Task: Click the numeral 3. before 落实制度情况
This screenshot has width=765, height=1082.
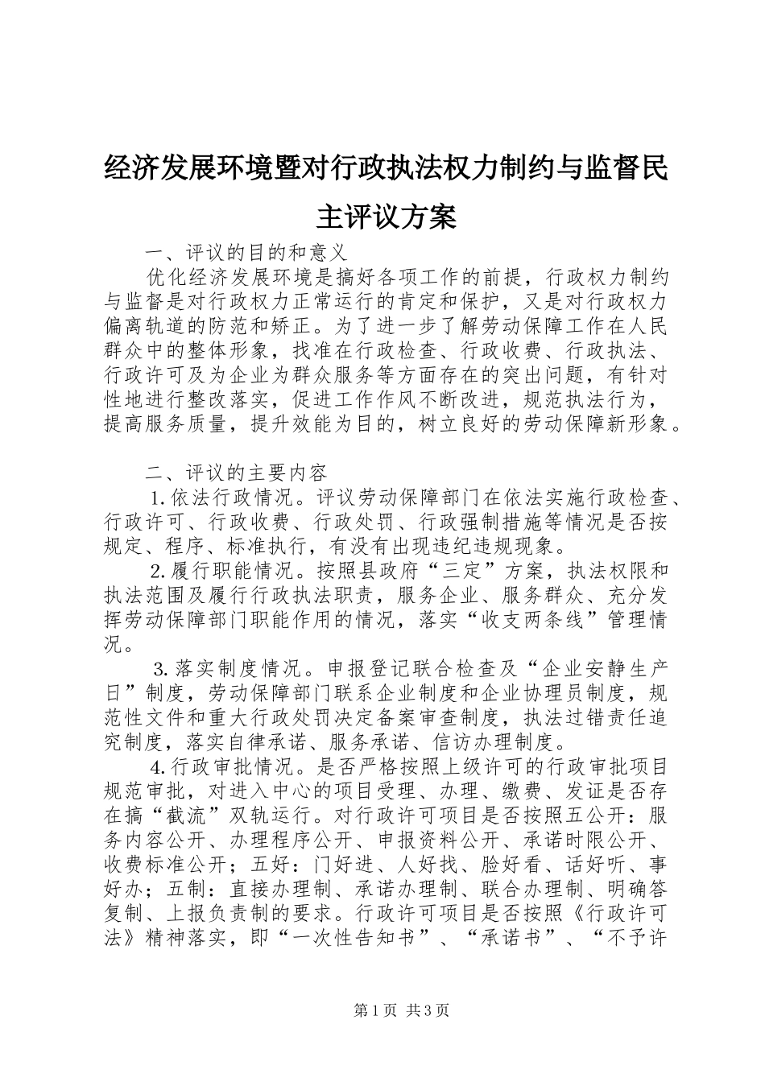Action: click(160, 670)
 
